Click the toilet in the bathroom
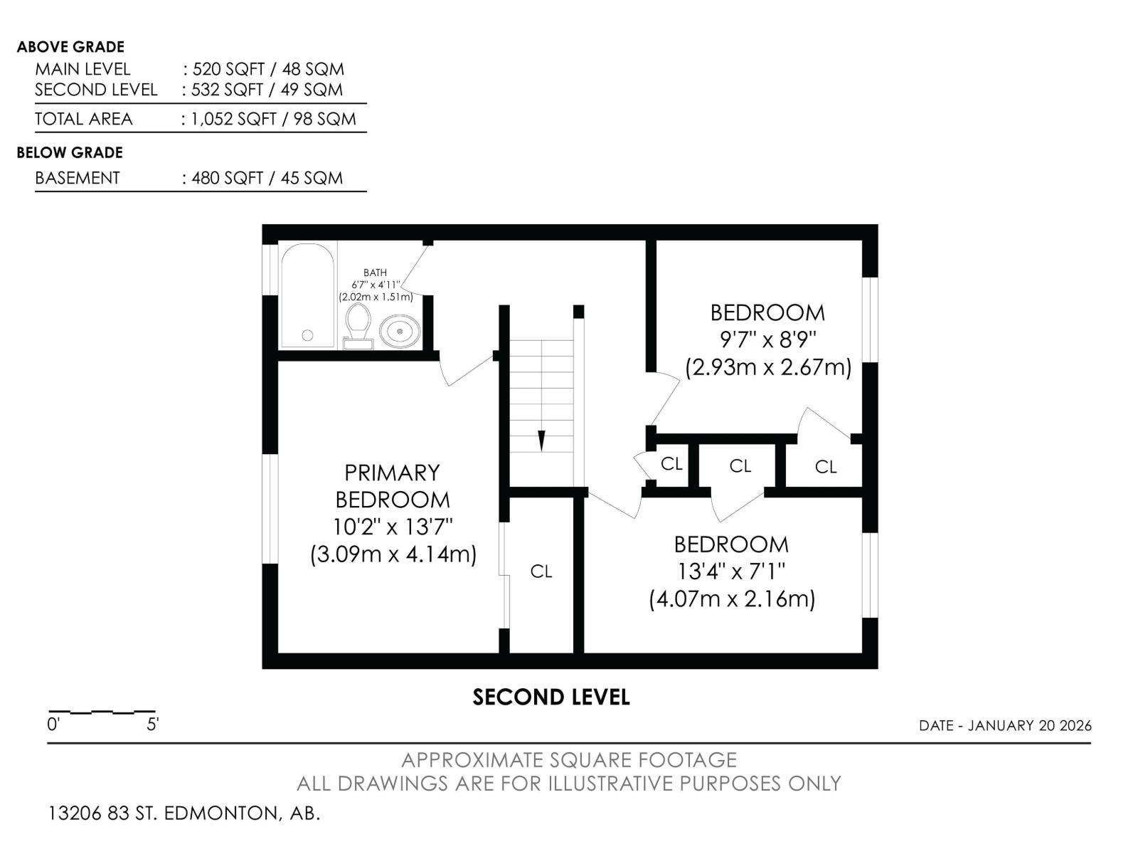(358, 326)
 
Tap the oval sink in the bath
(399, 331)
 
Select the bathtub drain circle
(307, 335)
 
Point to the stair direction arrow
(541, 441)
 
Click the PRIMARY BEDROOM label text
(392, 486)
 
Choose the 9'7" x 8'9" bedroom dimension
(768, 340)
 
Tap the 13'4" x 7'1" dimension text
(731, 572)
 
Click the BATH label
(375, 273)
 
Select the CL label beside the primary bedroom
(541, 571)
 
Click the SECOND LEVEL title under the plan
(551, 697)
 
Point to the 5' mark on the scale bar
(152, 724)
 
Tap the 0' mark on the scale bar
(53, 724)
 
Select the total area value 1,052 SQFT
(233, 120)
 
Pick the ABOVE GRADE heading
(70, 47)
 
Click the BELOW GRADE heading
(70, 153)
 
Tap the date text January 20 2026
(1030, 725)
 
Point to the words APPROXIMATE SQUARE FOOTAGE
(569, 760)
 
